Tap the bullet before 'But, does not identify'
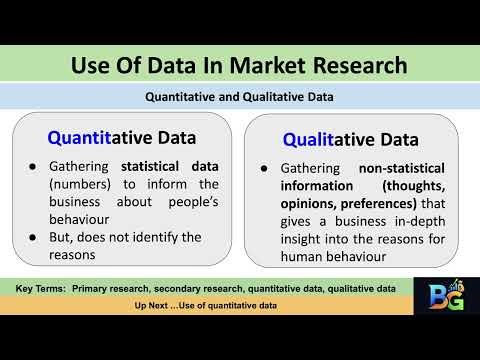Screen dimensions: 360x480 click(x=36, y=237)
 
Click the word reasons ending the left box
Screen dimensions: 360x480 click(x=76, y=255)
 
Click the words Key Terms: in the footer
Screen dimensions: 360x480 click(x=47, y=288)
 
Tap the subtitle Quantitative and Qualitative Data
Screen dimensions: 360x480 click(x=239, y=97)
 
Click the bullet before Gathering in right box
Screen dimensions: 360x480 click(x=263, y=171)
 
